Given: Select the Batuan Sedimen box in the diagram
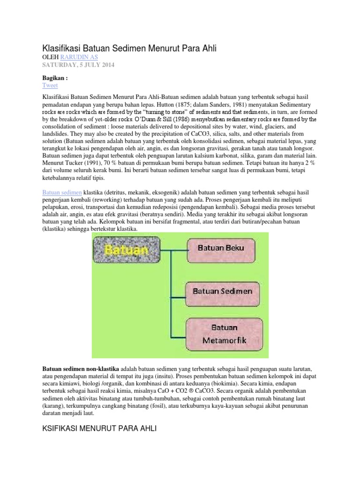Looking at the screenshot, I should pos(222,291).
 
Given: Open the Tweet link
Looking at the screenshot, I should pos(50,85).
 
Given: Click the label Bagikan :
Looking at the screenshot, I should pos(55,78).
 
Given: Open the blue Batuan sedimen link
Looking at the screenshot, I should pos(62,193).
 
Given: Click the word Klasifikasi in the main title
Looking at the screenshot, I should pos(65,47).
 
